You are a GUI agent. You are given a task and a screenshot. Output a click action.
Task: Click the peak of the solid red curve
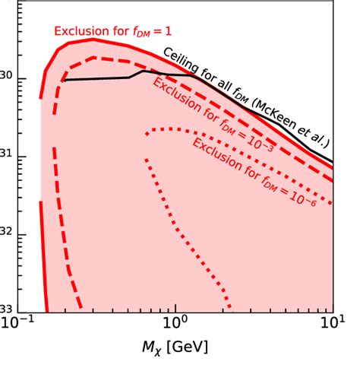pyautogui.click(x=91, y=40)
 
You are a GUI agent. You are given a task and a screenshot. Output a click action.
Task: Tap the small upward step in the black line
pyautogui.click(x=135, y=74)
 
